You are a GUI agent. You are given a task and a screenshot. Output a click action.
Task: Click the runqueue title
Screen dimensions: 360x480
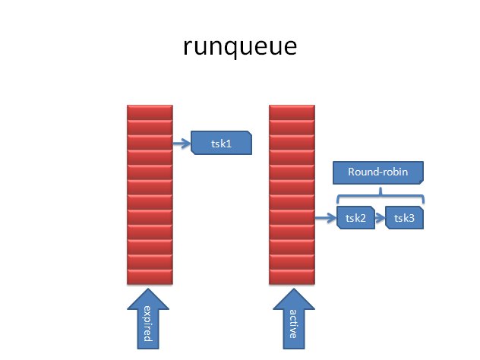(x=239, y=47)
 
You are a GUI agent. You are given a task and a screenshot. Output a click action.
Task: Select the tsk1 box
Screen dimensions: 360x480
(x=221, y=143)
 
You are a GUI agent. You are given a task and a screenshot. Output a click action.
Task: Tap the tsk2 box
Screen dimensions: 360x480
(x=355, y=219)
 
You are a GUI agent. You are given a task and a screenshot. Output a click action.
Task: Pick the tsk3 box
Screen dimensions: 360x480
(x=404, y=219)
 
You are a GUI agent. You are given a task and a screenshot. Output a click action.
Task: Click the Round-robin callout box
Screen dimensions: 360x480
(x=378, y=173)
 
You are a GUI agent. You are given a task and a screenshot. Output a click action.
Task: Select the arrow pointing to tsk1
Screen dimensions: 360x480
(x=182, y=142)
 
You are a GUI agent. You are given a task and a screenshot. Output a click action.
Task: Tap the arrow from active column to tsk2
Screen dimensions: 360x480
(x=325, y=219)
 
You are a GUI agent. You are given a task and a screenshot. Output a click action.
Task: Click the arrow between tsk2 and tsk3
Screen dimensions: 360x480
(x=380, y=219)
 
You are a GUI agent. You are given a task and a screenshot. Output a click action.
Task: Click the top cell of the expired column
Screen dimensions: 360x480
(x=149, y=112)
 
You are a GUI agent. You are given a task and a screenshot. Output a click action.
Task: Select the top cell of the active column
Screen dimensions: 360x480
(x=292, y=112)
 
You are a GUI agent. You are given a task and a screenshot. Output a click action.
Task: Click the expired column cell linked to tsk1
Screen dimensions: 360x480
(x=149, y=142)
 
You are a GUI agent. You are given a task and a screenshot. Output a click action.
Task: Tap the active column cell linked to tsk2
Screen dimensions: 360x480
(x=292, y=218)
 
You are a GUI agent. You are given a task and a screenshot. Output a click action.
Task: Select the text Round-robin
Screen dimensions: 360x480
(x=378, y=172)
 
